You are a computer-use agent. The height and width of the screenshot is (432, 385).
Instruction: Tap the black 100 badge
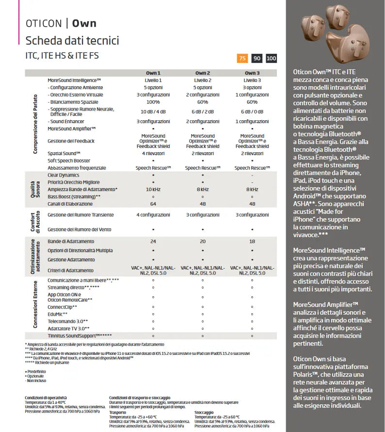click(x=272, y=58)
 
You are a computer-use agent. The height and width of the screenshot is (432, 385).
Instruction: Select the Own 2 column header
click(x=202, y=73)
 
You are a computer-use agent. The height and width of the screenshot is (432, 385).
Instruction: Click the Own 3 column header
click(x=252, y=73)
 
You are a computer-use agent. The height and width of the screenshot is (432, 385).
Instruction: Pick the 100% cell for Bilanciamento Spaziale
click(x=153, y=102)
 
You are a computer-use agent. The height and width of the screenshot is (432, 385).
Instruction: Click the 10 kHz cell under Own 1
click(x=153, y=189)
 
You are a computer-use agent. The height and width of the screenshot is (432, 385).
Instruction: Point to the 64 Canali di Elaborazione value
click(x=153, y=204)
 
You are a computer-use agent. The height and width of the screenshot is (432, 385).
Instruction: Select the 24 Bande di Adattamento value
click(x=153, y=241)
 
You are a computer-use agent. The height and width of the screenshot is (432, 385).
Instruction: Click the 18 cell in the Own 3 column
click(x=252, y=241)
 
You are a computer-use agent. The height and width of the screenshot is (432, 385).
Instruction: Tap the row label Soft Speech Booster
click(x=68, y=160)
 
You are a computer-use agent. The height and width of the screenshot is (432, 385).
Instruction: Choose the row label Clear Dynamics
click(x=63, y=175)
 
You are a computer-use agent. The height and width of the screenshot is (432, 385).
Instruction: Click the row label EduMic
click(x=58, y=314)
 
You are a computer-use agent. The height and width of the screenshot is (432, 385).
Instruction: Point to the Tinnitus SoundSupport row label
click(x=80, y=336)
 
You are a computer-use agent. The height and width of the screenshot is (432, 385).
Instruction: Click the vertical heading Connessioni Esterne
click(x=35, y=304)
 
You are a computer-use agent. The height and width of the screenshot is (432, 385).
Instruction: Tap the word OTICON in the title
click(x=43, y=23)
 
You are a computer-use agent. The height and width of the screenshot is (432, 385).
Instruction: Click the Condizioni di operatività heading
click(x=46, y=398)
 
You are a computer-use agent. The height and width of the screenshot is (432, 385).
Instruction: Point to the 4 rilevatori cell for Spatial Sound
click(x=153, y=153)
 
